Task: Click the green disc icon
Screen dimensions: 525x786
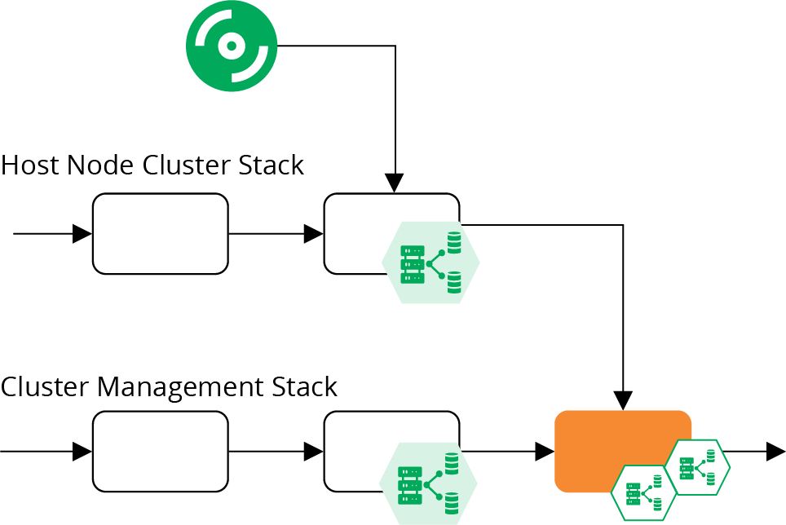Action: coord(232,46)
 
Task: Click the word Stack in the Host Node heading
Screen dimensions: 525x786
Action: coord(271,165)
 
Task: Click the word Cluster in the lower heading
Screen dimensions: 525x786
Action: coord(45,386)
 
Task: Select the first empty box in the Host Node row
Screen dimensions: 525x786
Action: coord(160,233)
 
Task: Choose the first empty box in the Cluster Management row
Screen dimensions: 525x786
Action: coord(160,451)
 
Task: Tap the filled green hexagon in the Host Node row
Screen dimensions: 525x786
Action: coord(431,262)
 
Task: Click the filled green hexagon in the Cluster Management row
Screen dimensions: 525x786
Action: coord(428,483)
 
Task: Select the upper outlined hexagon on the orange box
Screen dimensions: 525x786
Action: coord(696,467)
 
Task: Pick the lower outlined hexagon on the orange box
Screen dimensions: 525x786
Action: coord(644,492)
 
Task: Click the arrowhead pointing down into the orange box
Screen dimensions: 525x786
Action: coord(623,400)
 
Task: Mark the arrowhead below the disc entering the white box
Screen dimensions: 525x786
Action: coord(395,183)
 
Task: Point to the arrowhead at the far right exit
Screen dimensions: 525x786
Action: coord(775,451)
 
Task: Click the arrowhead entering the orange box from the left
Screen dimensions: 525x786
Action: coord(545,451)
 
